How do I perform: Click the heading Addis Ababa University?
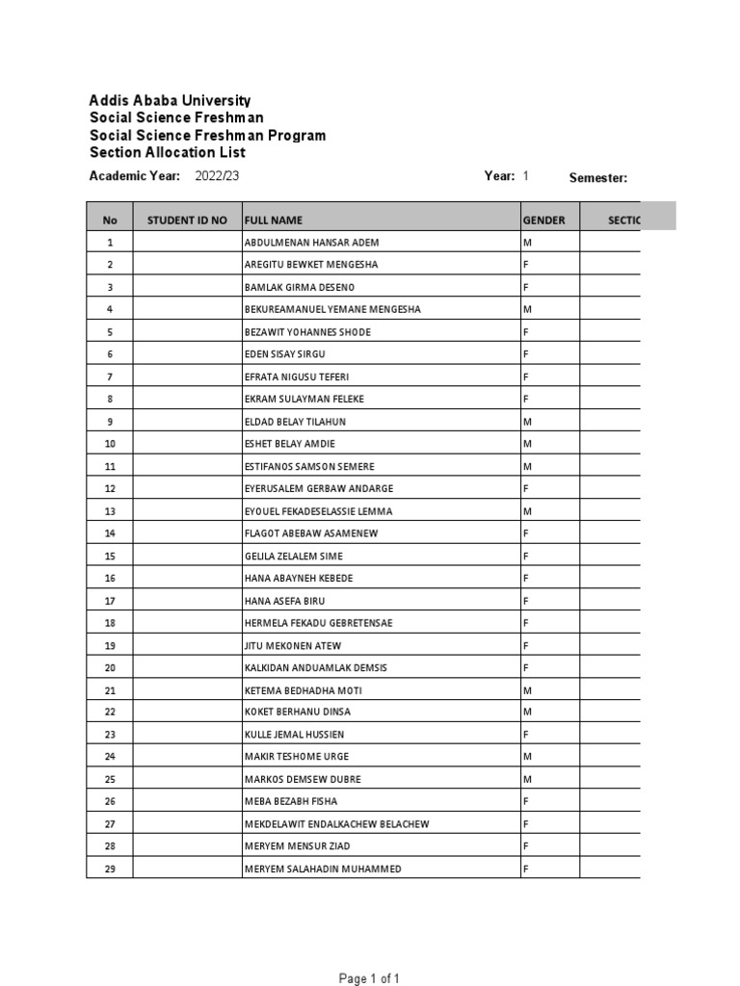tap(170, 100)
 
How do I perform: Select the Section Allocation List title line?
tap(167, 152)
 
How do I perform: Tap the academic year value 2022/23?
tap(217, 176)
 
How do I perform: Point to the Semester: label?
tap(598, 177)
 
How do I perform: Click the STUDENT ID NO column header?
tap(187, 221)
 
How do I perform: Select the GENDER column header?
tap(544, 221)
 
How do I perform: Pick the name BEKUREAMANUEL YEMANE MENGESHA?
tap(332, 310)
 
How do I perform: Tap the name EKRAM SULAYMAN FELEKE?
tap(304, 399)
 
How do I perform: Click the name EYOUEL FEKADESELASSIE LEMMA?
tap(319, 511)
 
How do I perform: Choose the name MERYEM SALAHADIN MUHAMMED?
tap(323, 869)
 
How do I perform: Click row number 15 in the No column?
tap(110, 556)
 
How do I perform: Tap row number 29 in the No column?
tap(110, 869)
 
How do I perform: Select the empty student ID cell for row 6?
tap(187, 354)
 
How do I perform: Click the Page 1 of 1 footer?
tap(369, 978)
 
